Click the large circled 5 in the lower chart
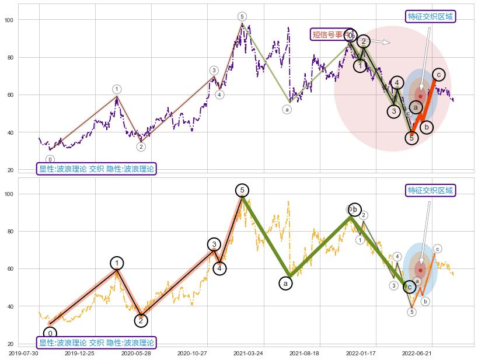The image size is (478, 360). pos(242,190)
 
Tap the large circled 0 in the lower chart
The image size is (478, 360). pos(50,334)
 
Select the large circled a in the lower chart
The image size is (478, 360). pos(285,284)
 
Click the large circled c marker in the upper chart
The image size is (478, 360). pos(438,74)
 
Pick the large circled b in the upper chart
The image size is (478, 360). pos(426,127)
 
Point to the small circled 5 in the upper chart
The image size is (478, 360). pos(242,16)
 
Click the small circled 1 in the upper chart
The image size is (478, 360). pos(117,89)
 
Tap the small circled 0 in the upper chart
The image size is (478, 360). pos(50,159)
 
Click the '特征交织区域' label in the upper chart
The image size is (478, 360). pos(431,16)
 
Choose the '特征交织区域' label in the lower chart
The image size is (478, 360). pos(431,190)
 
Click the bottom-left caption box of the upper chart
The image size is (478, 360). pos(97,169)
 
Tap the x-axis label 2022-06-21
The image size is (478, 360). pos(417,353)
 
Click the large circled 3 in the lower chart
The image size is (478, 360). pos(214,244)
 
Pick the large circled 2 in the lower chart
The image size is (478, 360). pos(141,320)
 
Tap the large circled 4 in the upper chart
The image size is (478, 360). pos(397,83)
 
